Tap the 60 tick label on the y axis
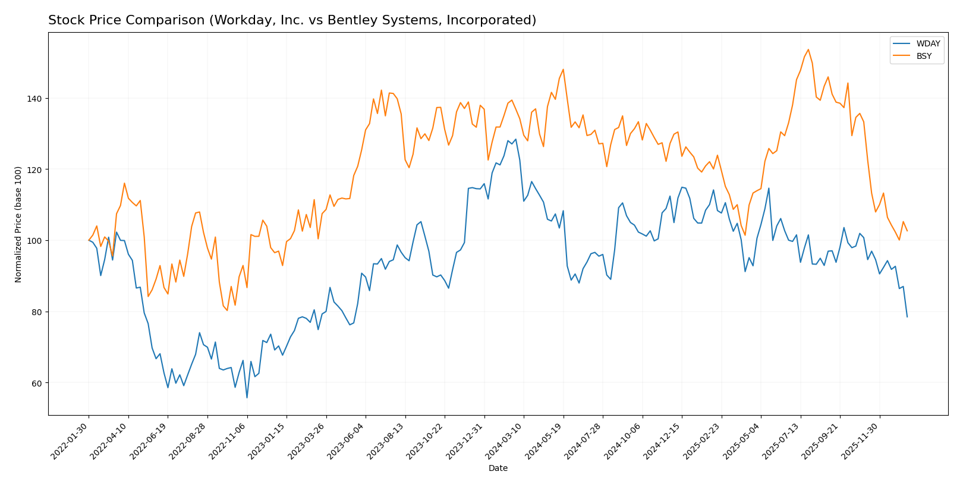[x=37, y=383]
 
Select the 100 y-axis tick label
[x=34, y=241]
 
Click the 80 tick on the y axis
[x=37, y=312]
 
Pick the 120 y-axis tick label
[x=34, y=169]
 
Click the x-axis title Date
[x=498, y=469]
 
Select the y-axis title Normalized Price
[x=18, y=224]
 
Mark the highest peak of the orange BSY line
[x=808, y=49]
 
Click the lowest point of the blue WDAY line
[x=247, y=398]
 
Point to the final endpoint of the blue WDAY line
[x=907, y=317]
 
